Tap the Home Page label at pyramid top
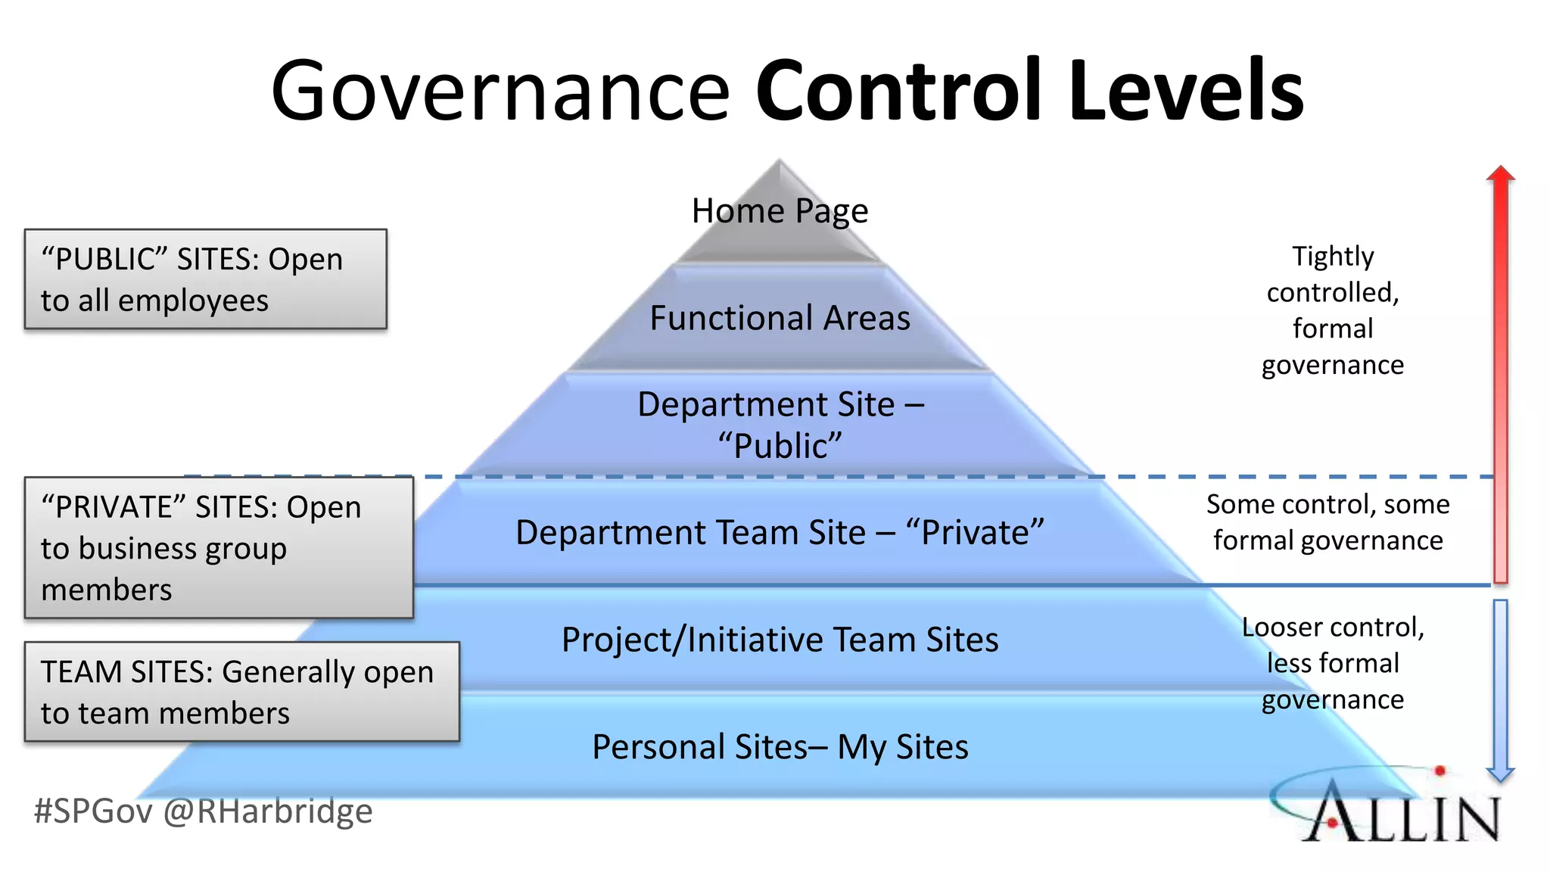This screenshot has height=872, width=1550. tap(780, 210)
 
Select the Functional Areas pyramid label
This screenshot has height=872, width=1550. tap(780, 318)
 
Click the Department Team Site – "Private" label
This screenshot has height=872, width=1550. tap(780, 532)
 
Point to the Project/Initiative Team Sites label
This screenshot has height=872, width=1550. tap(780, 640)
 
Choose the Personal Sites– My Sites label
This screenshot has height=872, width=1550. tap(780, 747)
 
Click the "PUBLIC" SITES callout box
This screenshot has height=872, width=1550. tap(205, 279)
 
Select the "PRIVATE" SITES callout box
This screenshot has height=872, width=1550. tap(219, 547)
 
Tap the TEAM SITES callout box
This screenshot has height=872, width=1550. tap(241, 692)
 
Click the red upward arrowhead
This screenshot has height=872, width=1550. tap(1500, 174)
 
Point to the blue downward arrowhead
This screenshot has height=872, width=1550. tap(1500, 774)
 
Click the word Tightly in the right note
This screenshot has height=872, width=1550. tap(1333, 257)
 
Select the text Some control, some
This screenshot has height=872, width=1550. tap(1327, 504)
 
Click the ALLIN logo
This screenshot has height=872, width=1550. tap(1393, 810)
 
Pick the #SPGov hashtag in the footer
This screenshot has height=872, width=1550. tap(93, 811)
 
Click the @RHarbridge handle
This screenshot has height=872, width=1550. tap(268, 811)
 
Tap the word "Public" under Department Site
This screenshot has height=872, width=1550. tap(780, 446)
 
